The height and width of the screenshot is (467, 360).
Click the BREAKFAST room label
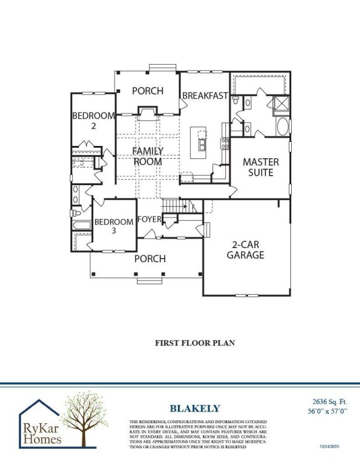(204, 96)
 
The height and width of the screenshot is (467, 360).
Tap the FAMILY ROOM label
(148, 156)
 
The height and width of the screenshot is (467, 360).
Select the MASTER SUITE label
(261, 167)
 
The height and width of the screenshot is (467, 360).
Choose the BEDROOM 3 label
(114, 226)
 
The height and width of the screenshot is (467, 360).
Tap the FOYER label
(149, 219)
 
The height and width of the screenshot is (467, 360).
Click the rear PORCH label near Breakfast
(147, 91)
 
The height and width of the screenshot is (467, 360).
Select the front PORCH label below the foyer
(150, 258)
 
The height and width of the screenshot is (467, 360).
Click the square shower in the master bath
(281, 103)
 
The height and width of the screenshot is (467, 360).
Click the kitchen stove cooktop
(223, 142)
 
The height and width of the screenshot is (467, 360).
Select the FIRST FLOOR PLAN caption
(195, 343)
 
